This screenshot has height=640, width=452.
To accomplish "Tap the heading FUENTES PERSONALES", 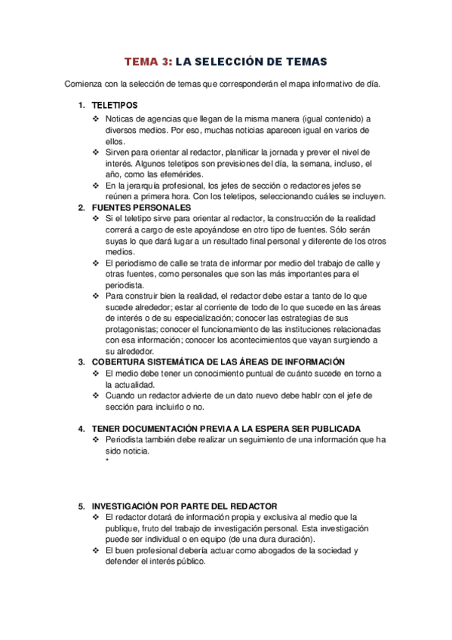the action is click(x=141, y=208).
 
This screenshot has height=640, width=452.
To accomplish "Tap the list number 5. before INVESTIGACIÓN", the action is click(x=82, y=506).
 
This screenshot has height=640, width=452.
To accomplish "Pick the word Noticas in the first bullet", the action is click(x=121, y=119).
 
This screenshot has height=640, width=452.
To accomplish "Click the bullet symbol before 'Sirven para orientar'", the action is click(x=95, y=152).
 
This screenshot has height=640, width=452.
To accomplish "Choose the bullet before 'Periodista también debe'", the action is click(x=95, y=440).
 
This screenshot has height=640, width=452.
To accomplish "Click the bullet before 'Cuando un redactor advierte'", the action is click(x=95, y=395).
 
